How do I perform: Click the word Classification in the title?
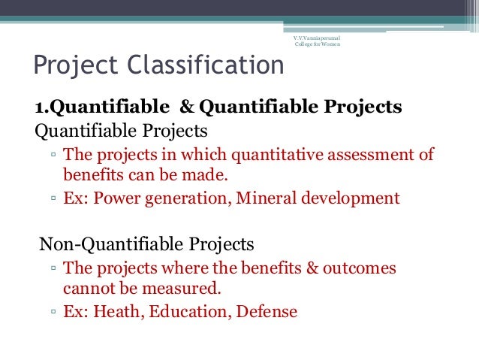205,65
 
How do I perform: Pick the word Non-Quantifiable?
101,244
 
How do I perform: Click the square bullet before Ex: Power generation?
54,201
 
